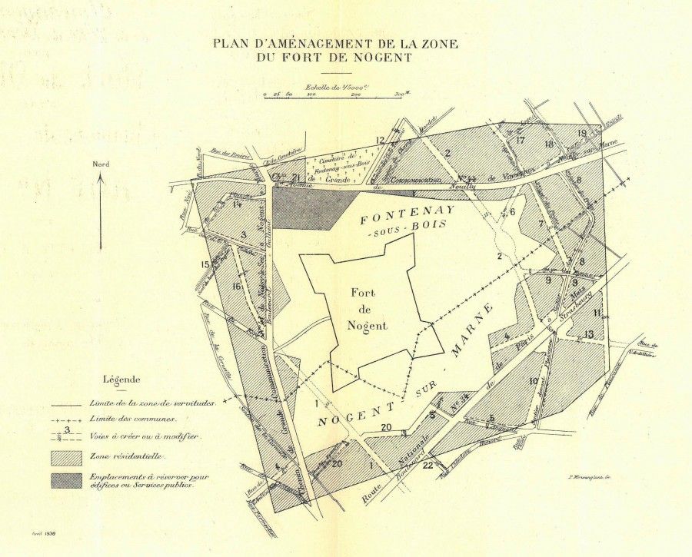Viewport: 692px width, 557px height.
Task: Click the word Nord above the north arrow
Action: point(101,164)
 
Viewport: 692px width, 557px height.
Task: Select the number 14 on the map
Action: point(238,204)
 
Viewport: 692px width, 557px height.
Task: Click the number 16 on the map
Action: point(238,287)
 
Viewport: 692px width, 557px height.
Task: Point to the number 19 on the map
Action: point(582,133)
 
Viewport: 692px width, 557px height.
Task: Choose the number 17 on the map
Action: point(521,140)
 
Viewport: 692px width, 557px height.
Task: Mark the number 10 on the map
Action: point(533,381)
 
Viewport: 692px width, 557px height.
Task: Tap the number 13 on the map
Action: point(588,333)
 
